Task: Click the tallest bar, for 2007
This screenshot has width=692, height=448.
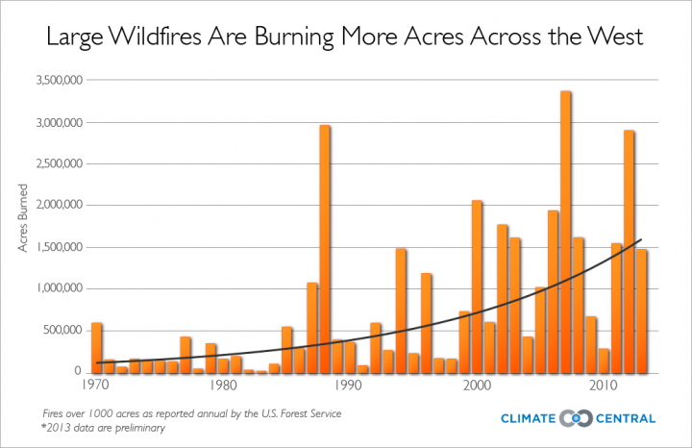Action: pyautogui.click(x=566, y=232)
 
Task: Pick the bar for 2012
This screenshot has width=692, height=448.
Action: pyautogui.click(x=629, y=251)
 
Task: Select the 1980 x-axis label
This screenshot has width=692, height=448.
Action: pyautogui.click(x=223, y=385)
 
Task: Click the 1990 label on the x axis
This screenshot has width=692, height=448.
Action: pyautogui.click(x=350, y=385)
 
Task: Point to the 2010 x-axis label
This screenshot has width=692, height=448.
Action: pyautogui.click(x=604, y=385)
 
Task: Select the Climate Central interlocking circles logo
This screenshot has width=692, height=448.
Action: pyautogui.click(x=575, y=418)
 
